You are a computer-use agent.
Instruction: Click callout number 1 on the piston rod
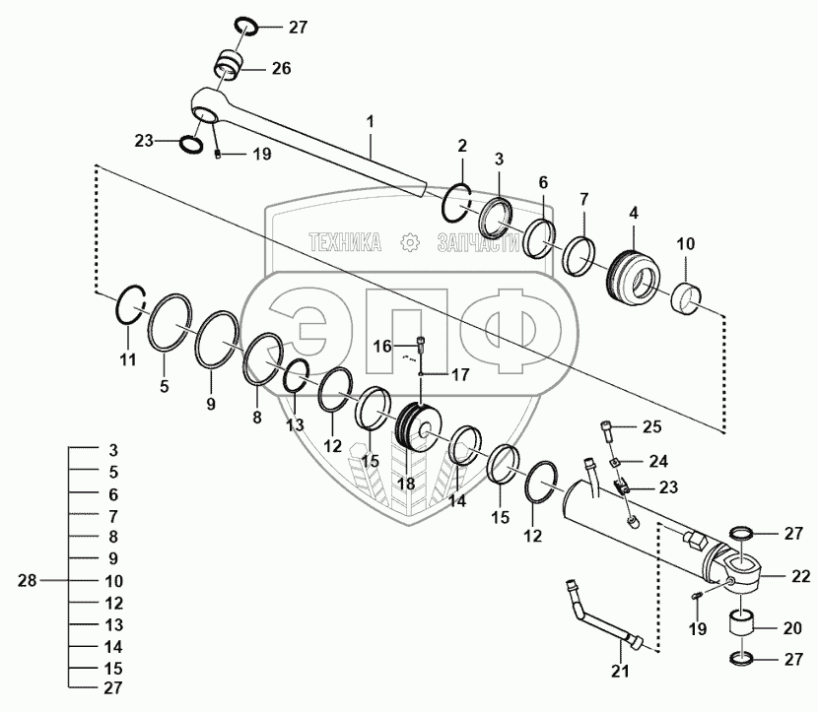[371, 122]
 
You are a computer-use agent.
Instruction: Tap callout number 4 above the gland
[635, 212]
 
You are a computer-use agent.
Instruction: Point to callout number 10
[684, 243]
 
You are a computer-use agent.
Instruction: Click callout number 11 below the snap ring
[128, 360]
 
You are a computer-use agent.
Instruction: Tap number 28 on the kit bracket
[27, 581]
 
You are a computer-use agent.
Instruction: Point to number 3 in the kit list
[113, 450]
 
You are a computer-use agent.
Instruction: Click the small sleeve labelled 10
[688, 296]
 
